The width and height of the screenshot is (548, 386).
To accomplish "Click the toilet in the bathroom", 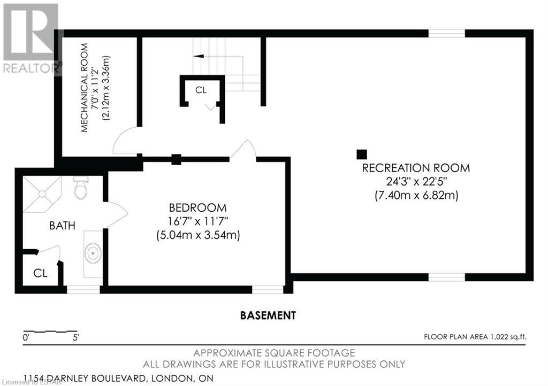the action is click(81, 188).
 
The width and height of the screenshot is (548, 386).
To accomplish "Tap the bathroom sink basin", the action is click(93, 253).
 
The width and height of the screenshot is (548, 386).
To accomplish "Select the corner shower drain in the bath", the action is click(42, 194).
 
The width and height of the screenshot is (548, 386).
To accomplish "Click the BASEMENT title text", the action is click(268, 315).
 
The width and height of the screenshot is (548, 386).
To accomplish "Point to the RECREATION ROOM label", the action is click(416, 168).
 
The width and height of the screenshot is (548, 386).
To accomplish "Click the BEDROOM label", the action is click(198, 207).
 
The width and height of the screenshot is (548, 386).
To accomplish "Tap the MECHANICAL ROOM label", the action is click(84, 88).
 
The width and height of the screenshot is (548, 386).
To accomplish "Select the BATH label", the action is click(62, 226).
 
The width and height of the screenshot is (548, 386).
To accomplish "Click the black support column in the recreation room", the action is click(362, 155).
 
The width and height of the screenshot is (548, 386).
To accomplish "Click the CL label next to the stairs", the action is click(201, 90).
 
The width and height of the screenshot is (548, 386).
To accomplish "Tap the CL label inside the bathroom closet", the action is click(40, 273).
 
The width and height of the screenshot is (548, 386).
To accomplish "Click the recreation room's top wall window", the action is click(447, 33).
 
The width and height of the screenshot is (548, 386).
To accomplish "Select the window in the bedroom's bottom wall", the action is click(268, 290).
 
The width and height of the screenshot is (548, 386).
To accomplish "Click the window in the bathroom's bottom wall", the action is click(83, 290).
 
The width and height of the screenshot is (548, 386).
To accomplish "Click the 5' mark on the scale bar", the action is click(76, 337).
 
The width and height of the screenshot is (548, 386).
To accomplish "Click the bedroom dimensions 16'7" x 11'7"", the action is click(198, 221).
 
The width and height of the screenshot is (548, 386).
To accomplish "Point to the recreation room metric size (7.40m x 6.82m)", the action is click(416, 195).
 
